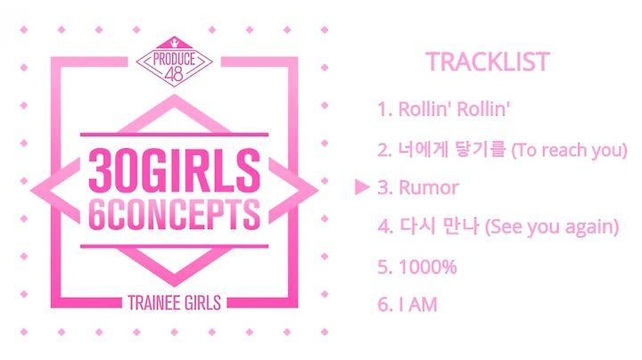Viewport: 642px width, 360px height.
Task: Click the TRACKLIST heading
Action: [487, 62]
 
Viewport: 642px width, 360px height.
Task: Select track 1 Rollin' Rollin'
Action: [443, 110]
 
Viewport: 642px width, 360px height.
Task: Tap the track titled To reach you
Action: [502, 150]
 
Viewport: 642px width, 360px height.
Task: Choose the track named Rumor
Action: [418, 188]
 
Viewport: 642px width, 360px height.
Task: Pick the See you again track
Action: [498, 226]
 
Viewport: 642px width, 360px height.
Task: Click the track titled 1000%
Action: [417, 266]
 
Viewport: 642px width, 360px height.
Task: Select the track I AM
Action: [407, 305]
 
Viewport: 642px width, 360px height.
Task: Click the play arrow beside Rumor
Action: [362, 187]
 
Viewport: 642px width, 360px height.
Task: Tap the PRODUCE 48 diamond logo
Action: [174, 62]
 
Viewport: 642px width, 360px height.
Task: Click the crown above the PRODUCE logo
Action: [175, 41]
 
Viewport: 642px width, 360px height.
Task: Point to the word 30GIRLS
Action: [175, 170]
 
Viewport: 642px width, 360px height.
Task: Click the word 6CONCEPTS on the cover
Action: [175, 215]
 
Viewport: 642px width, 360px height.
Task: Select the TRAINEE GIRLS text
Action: [175, 303]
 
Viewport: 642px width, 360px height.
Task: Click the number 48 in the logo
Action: [174, 74]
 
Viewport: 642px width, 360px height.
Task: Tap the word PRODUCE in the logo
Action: [174, 59]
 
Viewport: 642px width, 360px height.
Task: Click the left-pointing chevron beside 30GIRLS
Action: [55, 191]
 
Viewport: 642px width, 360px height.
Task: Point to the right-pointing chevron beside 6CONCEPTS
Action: [293, 191]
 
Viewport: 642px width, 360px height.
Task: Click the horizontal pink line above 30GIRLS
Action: [175, 135]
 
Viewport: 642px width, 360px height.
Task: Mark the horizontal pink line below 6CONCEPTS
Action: [175, 246]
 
